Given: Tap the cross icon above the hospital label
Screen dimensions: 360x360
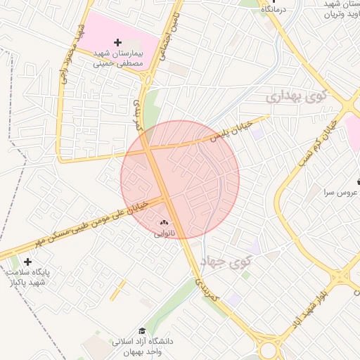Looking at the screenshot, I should pos(117,43).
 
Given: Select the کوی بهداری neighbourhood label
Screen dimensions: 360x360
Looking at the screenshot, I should pos(298,96).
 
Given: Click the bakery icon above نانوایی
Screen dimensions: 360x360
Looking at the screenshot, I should pos(165,222).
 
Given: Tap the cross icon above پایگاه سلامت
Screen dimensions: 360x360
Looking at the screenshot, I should pos(27,262).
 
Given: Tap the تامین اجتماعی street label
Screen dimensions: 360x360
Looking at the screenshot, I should pos(172,34).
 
